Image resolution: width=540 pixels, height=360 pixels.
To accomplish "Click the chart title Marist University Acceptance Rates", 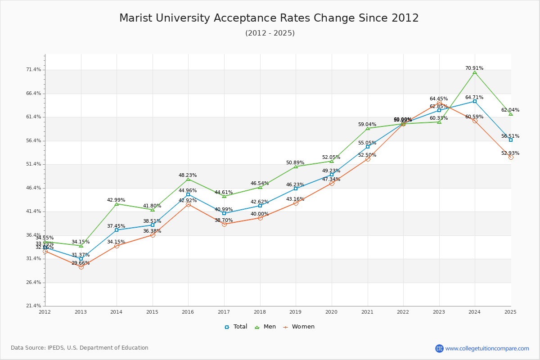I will tap(269, 18).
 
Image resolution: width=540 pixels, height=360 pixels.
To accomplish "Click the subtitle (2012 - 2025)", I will tap(270, 33).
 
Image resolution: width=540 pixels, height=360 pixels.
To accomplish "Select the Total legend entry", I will tap(236, 327).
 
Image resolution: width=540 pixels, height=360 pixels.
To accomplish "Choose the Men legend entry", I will tap(266, 327).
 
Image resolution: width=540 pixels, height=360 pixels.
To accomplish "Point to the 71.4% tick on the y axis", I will tap(34, 70).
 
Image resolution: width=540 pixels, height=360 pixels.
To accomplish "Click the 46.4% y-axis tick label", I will tap(34, 188).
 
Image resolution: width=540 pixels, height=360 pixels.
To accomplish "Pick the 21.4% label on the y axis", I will tap(34, 306).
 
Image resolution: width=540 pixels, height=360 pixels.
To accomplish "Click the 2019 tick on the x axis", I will tap(295, 311).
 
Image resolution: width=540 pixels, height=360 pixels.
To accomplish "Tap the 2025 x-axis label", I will tap(510, 311).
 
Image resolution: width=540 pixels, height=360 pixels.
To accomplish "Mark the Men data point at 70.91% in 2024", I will tap(475, 72).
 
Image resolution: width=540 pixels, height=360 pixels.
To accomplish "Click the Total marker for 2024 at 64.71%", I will tap(475, 101).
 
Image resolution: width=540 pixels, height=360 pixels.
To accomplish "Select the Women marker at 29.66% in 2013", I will tap(81, 267).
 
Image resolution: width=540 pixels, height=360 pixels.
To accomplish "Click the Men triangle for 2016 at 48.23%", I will tap(188, 180).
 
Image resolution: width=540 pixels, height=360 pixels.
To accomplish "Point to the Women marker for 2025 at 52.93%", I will tap(511, 157).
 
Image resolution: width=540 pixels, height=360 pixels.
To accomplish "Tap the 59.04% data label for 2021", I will tap(367, 124).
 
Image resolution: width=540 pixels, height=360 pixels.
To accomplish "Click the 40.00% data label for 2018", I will tap(260, 214).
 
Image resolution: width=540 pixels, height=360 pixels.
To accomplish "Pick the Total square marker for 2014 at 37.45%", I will tap(117, 230).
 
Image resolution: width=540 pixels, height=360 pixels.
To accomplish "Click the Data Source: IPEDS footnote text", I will tap(80, 348).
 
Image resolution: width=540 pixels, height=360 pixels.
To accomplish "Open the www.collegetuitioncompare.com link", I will tap(487, 348).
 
